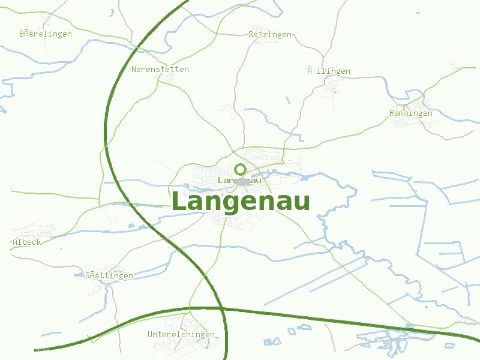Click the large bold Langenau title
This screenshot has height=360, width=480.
coord(241,202)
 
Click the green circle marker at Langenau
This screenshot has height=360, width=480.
coord(240,169)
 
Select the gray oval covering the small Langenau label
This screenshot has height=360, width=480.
coord(242,181)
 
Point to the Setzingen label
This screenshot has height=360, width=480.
coord(269,34)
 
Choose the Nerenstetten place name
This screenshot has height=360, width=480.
coord(160,69)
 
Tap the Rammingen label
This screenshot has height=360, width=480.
coord(410,113)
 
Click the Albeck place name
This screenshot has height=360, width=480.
coord(26,242)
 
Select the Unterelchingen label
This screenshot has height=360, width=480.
coord(181,334)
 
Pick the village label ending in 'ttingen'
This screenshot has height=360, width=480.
coord(109,275)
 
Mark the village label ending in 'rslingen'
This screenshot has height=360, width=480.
coord(45,34)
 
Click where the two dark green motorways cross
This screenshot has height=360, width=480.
coord(221,308)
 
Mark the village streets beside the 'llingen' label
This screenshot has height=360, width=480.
coord(329,87)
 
